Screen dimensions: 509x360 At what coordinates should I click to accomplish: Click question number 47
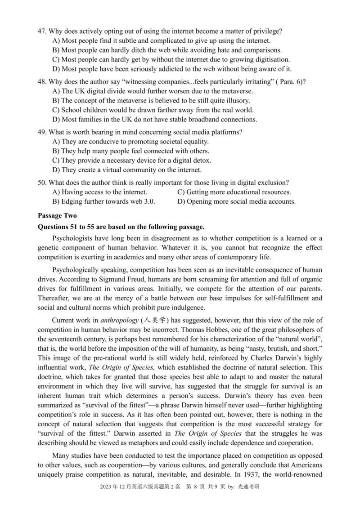[42, 31]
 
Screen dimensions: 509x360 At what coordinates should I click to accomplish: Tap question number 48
[42, 81]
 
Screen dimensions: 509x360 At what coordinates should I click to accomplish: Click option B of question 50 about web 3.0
[104, 201]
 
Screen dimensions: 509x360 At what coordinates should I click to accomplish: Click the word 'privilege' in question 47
[266, 31]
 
